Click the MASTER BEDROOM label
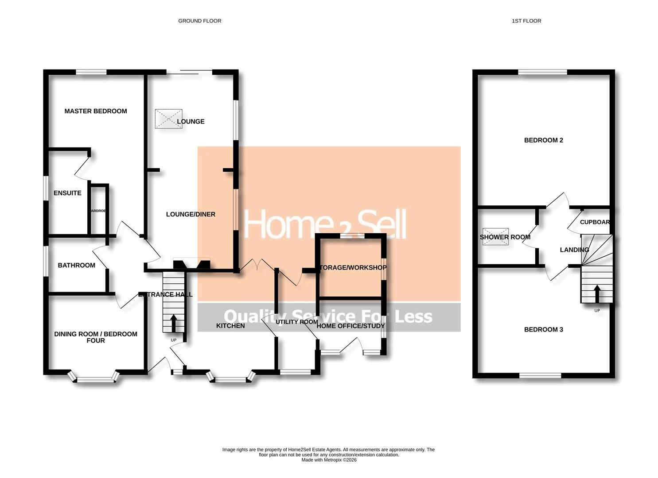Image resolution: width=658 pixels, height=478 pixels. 96,111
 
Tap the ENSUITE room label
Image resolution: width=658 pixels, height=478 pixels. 67,193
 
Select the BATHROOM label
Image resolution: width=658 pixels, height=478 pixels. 76,265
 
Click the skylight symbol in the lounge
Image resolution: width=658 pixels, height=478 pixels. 168,119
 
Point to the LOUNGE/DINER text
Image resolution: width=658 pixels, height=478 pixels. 191,214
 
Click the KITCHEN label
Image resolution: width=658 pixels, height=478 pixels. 230,326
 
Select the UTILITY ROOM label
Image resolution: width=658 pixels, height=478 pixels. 296,322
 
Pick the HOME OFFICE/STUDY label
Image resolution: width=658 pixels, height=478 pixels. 350,326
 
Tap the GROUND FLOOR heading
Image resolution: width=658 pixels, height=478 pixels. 199,21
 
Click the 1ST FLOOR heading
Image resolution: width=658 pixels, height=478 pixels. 526,21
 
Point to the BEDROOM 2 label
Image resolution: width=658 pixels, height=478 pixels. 543,140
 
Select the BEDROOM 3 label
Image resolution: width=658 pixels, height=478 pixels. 543,329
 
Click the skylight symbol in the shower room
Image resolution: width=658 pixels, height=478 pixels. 495,236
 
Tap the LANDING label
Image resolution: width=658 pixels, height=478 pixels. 574,250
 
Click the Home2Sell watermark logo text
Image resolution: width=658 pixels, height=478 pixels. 325,224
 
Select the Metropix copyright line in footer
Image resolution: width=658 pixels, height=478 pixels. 329,460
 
